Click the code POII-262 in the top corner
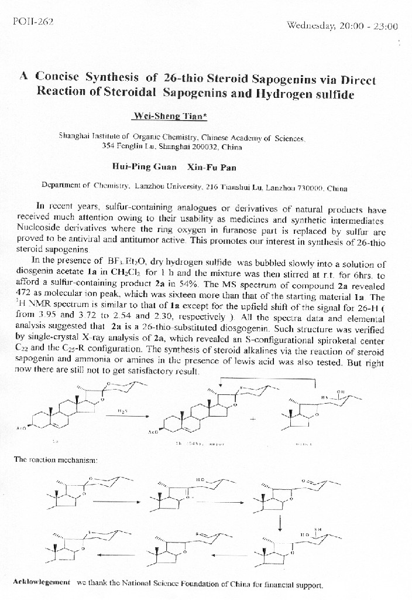(33, 22)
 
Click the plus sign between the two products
(252, 420)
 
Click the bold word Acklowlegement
(42, 582)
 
